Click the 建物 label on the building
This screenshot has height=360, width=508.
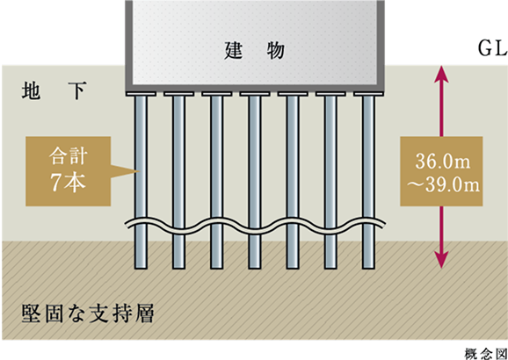254,51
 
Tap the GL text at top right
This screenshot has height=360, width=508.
492,49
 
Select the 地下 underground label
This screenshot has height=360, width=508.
54,90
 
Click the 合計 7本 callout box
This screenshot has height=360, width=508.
69,171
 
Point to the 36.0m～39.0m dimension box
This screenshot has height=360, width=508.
441,171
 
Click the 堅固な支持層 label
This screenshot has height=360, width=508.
88,313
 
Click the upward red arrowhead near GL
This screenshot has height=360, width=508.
441,74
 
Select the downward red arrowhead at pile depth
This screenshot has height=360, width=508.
441,260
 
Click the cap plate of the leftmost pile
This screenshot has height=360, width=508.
141,94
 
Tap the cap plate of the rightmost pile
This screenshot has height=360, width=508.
368,94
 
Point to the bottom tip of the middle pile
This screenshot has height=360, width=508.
255,269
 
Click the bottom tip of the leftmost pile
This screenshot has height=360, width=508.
141,269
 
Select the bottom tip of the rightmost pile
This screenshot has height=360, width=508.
368,269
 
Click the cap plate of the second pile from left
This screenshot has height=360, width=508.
178,94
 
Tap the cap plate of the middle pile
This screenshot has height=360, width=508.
255,94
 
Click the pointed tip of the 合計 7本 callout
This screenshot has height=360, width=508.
140,171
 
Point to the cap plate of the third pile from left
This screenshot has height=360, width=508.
217,94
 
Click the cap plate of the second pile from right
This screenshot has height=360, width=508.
330,94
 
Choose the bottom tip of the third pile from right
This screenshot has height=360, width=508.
293,269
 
